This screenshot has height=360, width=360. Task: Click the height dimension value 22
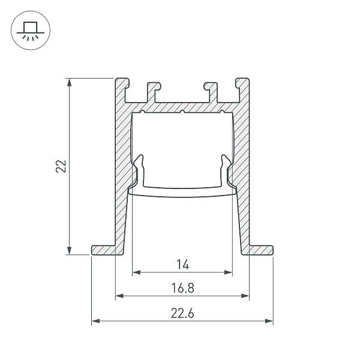[x=61, y=166]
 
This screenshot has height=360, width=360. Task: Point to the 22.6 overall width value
[x=182, y=313]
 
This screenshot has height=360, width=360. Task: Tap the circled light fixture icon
[x=28, y=29]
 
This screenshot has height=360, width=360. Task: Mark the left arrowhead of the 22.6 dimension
[x=95, y=322]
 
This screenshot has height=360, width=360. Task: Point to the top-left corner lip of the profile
[x=122, y=82]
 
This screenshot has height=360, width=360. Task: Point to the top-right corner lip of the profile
[x=242, y=82]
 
